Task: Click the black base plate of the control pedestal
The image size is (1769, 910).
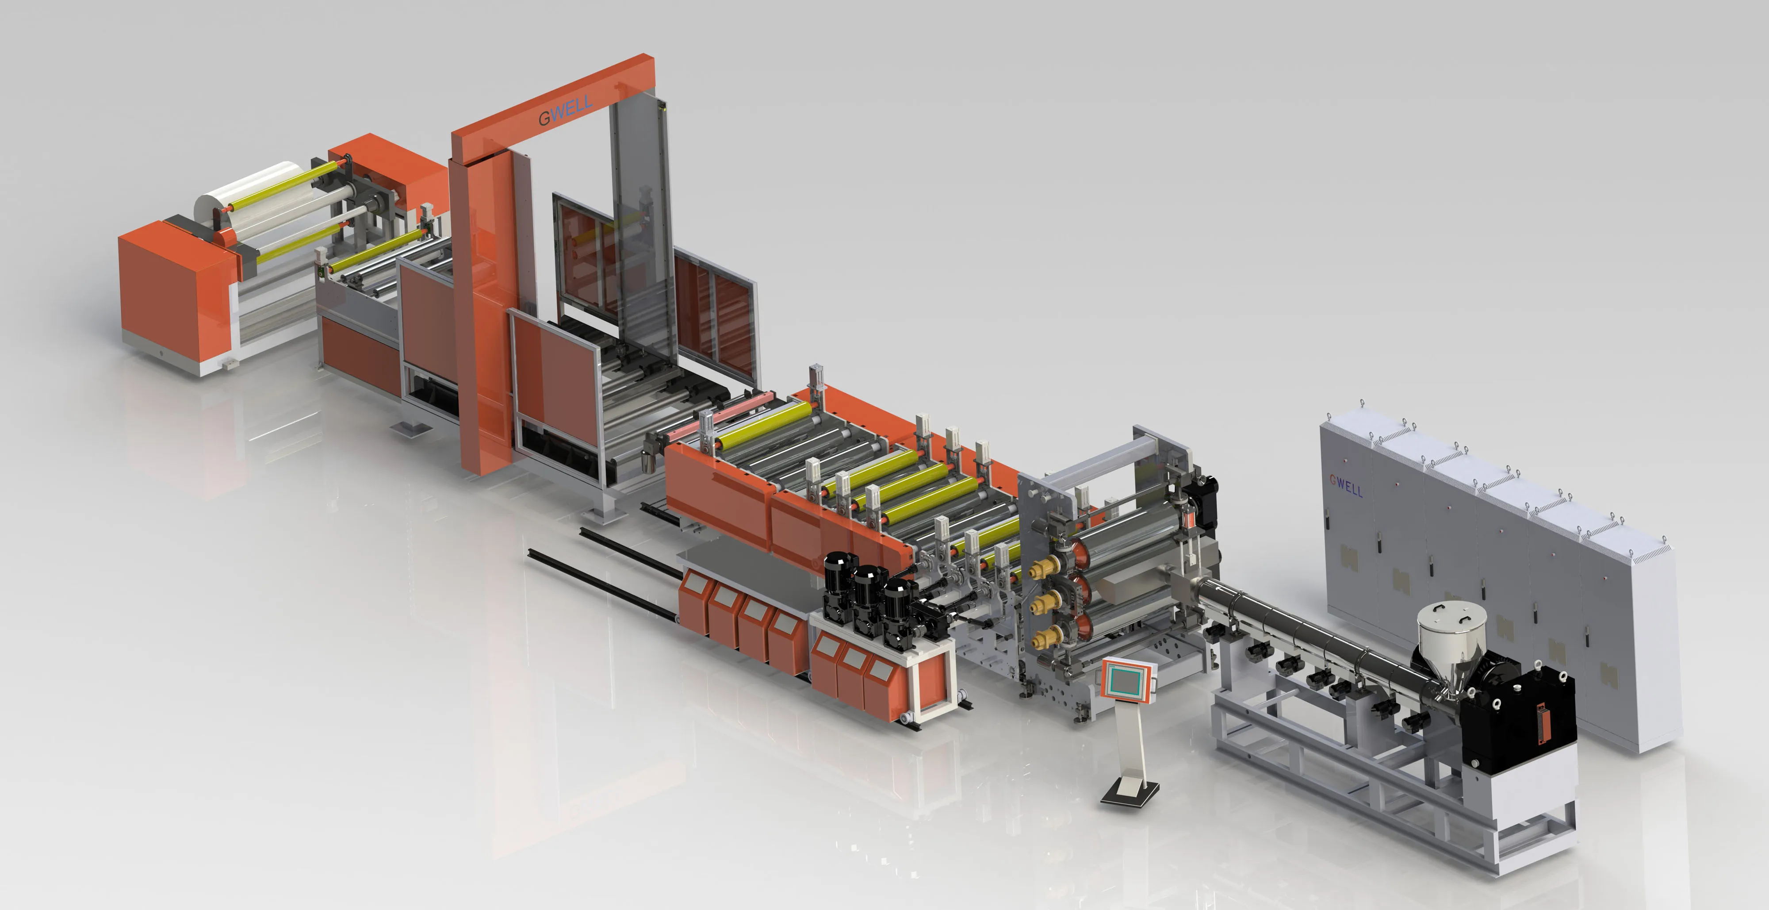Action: (x=1130, y=793)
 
